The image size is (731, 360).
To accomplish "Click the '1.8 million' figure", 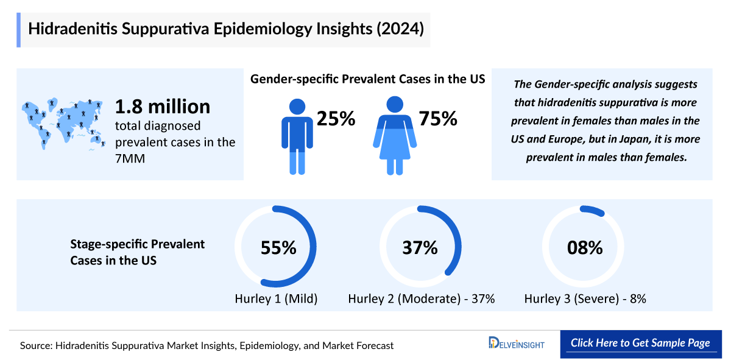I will pos(163,107).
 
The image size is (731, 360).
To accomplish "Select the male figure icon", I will pos(297,135).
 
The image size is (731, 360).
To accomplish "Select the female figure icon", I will pos(394,135).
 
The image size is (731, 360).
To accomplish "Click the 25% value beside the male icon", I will pos(335,119).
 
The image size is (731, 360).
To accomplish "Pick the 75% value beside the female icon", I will pos(437,119).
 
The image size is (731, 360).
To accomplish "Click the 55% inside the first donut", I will pos(278,248).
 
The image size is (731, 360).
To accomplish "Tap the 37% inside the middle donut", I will pos(420,248).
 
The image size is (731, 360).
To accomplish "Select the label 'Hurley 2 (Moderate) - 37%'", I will pos(421,299).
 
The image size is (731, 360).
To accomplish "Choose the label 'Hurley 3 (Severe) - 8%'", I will pos(585,299).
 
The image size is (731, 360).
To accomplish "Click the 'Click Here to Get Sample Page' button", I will pos(640,343).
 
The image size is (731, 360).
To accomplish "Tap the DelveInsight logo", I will pos(516,344).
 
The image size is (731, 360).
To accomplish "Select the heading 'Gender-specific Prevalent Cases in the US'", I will pos(367,79).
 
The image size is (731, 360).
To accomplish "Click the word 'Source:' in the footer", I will pos(36,345).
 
